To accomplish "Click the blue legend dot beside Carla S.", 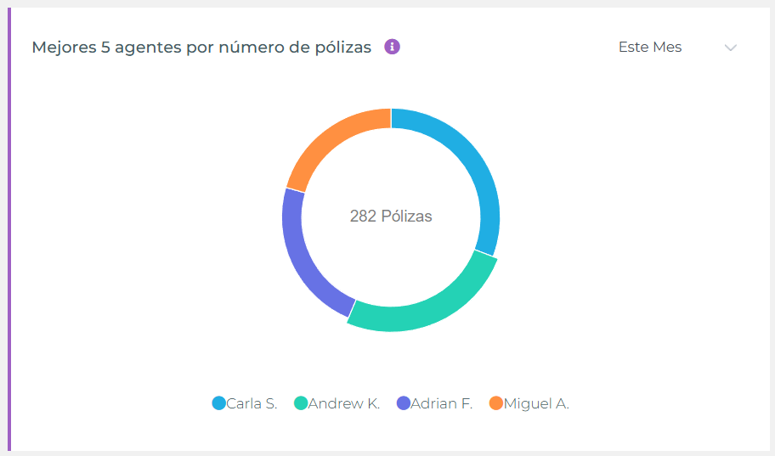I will click(218, 403).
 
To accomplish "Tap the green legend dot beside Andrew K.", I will click(300, 403).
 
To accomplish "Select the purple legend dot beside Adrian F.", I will click(404, 403).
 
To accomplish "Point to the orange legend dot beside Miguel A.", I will click(496, 403).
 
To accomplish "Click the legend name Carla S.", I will click(252, 403).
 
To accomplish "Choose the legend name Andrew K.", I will click(344, 403).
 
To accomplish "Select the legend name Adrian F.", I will click(441, 403).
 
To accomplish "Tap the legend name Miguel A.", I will click(536, 403).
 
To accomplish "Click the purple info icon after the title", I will click(392, 47).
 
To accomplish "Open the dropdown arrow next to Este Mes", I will click(730, 48).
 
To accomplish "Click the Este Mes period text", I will click(650, 48).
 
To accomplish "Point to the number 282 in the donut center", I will click(363, 217).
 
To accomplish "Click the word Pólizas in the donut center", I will click(406, 217).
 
